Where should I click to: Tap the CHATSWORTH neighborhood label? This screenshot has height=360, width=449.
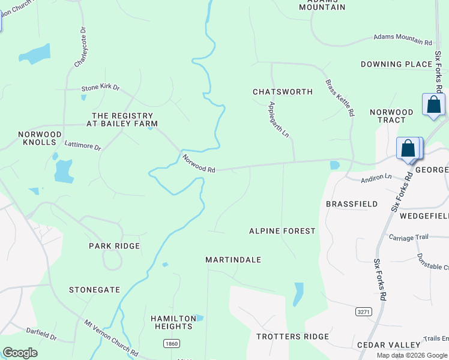[282, 92]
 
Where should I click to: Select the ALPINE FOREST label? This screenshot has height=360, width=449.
[282, 231]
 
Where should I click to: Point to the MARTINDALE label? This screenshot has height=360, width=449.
[233, 260]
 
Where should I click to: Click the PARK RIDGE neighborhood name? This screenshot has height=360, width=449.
[114, 246]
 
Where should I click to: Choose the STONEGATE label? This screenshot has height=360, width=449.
[94, 290]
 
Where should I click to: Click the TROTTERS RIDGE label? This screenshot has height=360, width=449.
[292, 337]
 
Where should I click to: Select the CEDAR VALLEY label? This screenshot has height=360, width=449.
[388, 345]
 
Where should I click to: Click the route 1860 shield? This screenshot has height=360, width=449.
[172, 343]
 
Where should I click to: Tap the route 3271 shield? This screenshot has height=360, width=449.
[363, 312]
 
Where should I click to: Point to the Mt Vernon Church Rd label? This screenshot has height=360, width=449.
[111, 338]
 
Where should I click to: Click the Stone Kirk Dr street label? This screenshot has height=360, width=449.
[101, 89]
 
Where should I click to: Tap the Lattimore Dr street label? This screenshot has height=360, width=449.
[82, 144]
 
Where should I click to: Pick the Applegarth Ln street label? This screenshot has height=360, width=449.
[279, 119]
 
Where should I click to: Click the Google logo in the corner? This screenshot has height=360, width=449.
[20, 353]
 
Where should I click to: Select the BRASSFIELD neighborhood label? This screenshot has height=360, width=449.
[352, 204]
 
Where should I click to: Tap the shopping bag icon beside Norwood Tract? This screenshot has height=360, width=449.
[433, 104]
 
